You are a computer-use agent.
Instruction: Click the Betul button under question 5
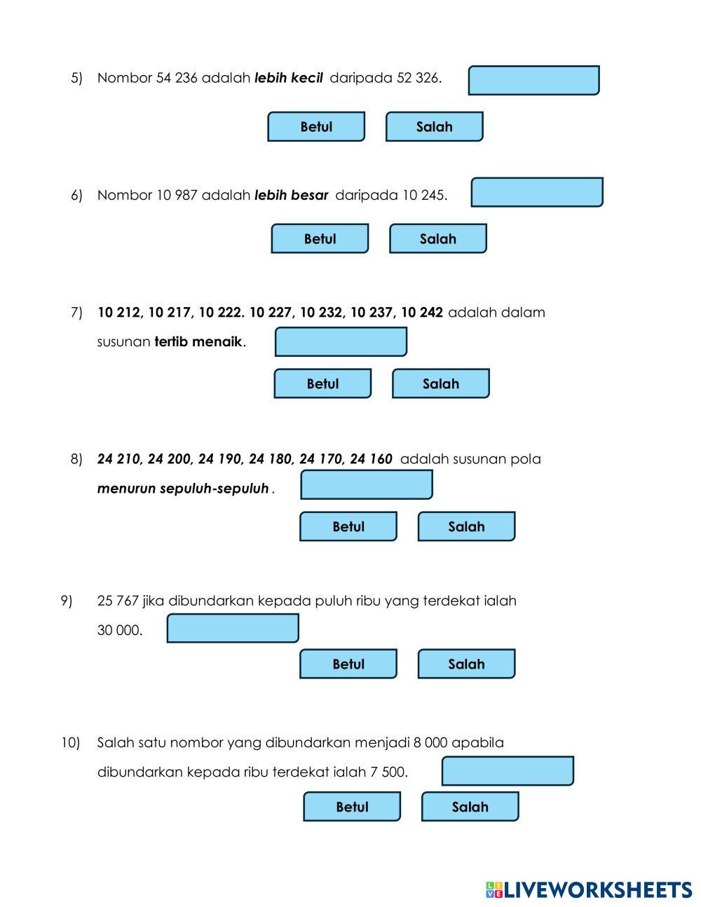(x=316, y=127)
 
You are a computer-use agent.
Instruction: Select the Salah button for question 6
(x=437, y=239)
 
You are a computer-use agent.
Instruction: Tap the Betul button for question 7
(x=322, y=384)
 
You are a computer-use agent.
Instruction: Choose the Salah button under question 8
(x=466, y=526)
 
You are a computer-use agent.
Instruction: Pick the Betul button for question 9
(x=348, y=664)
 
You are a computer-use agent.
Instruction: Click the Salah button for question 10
(x=470, y=807)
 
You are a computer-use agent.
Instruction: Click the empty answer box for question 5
(x=533, y=81)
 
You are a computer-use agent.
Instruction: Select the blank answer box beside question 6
(x=537, y=193)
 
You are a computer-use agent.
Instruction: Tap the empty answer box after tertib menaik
(x=341, y=342)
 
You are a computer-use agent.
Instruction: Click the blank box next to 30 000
(x=233, y=628)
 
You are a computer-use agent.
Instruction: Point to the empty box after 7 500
(x=508, y=771)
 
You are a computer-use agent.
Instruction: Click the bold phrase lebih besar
(x=291, y=195)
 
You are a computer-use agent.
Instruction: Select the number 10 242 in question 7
(x=421, y=313)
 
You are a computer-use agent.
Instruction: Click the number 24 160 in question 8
(x=371, y=459)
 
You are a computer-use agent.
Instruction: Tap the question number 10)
(x=71, y=742)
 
